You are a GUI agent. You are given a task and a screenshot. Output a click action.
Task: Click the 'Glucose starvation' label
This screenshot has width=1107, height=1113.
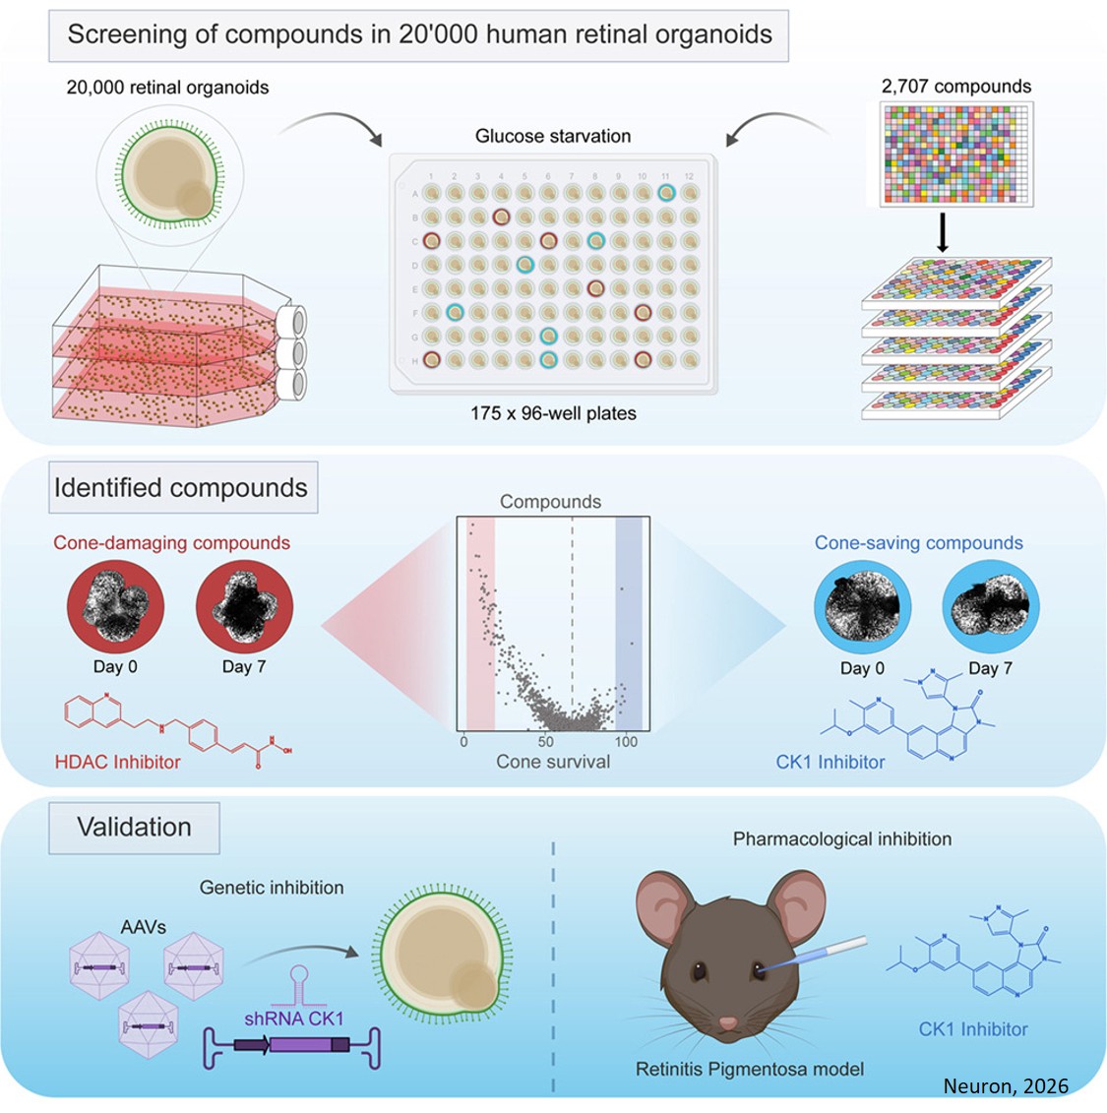553,136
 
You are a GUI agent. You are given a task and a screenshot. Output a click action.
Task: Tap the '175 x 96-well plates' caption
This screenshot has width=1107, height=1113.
553,413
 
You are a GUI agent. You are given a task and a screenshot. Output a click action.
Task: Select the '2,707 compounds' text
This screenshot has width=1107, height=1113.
955,87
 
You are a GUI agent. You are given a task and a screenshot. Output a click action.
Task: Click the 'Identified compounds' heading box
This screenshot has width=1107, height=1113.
182,488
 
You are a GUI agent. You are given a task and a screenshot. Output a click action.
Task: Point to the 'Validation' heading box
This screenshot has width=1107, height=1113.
135,827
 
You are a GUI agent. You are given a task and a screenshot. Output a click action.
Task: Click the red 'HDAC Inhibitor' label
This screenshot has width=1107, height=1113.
118,762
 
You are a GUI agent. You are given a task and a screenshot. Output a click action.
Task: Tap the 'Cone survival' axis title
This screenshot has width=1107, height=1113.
553,762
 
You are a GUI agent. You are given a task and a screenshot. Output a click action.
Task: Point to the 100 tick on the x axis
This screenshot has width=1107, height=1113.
626,741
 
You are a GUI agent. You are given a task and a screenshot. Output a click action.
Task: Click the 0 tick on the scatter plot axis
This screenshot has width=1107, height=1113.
463,741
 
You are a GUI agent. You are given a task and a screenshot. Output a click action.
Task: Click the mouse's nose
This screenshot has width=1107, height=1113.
727,1023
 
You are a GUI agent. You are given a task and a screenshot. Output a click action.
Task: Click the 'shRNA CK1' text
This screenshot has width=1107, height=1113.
294,1019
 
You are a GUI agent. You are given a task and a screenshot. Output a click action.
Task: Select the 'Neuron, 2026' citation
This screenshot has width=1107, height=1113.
1006,1086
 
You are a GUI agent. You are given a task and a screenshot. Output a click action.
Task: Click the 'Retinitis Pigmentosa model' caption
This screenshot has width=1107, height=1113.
750,1069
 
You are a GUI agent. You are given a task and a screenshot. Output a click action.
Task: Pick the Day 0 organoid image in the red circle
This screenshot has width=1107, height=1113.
115,607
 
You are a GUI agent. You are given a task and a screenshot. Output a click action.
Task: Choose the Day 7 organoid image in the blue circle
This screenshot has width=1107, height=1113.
990,607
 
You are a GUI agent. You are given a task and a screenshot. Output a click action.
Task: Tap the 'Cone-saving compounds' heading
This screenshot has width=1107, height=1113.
918,543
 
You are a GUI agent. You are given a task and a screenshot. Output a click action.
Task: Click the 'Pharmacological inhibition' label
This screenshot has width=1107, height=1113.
842,839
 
